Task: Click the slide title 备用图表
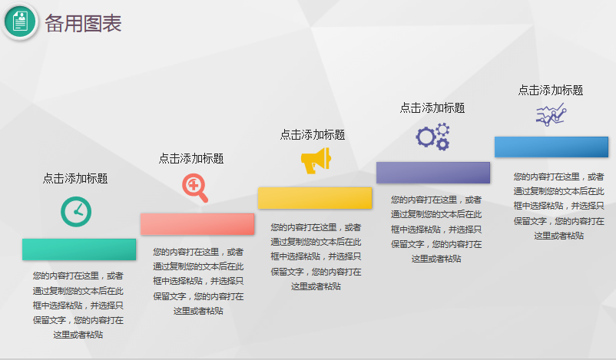click(x=83, y=23)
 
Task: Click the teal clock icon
click(x=76, y=212)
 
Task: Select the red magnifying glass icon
click(x=195, y=188)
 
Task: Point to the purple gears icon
click(x=432, y=136)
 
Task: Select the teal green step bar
click(x=79, y=249)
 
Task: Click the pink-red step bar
click(x=197, y=223)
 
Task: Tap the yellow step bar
click(x=315, y=197)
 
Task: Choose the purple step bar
click(x=432, y=173)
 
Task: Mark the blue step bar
click(x=551, y=147)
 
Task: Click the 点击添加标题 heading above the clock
click(x=75, y=178)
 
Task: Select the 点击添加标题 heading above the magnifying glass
click(x=191, y=158)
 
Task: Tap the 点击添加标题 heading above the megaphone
click(x=313, y=134)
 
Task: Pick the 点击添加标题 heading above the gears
click(x=432, y=107)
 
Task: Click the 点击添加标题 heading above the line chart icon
click(x=550, y=90)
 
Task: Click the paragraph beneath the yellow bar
click(x=316, y=256)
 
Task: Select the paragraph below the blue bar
click(x=558, y=206)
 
